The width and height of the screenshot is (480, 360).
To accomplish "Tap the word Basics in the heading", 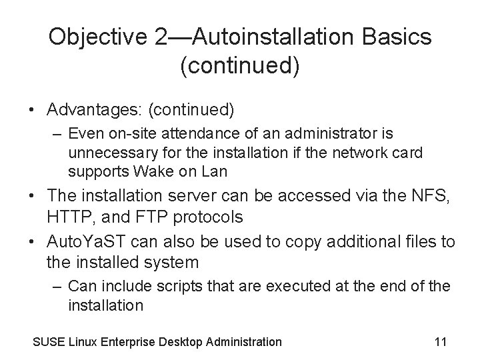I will coord(399,37).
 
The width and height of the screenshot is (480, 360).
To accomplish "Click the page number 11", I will coord(440,342).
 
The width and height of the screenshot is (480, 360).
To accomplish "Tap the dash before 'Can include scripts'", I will coord(57,287).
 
